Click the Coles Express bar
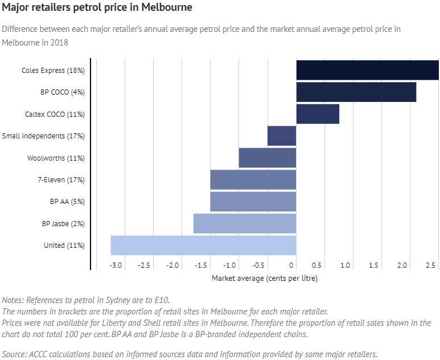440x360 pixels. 367,70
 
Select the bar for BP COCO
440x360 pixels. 356,92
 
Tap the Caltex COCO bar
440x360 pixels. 318,114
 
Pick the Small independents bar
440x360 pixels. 282,136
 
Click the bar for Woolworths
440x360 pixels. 268,158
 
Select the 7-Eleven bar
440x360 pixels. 253,179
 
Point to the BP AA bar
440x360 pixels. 253,201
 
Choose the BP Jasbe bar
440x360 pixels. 245,223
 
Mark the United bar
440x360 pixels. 203,245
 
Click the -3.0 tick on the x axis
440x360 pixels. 116,265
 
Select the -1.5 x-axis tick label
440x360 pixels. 202,265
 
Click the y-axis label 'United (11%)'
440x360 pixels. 64,246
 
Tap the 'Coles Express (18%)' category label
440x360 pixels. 53,71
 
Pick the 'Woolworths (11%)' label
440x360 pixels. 56,158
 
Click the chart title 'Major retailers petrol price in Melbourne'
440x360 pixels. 97,8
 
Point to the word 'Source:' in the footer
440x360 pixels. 15,354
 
